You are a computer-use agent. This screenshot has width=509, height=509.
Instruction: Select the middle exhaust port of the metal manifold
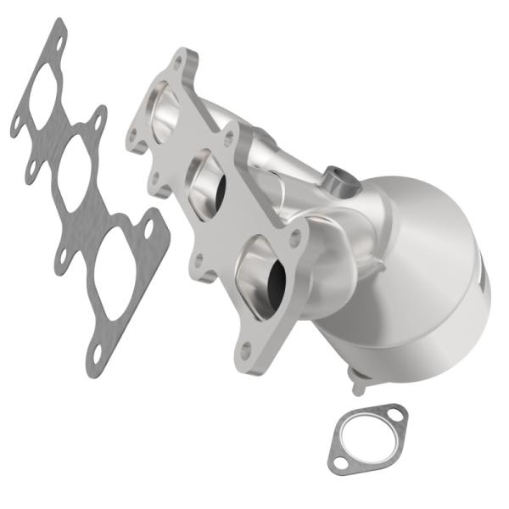[x=206, y=183]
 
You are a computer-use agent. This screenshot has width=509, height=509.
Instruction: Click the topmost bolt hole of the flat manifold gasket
[x=58, y=33]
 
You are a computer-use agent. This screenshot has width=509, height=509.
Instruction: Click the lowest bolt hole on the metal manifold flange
[x=246, y=348]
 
